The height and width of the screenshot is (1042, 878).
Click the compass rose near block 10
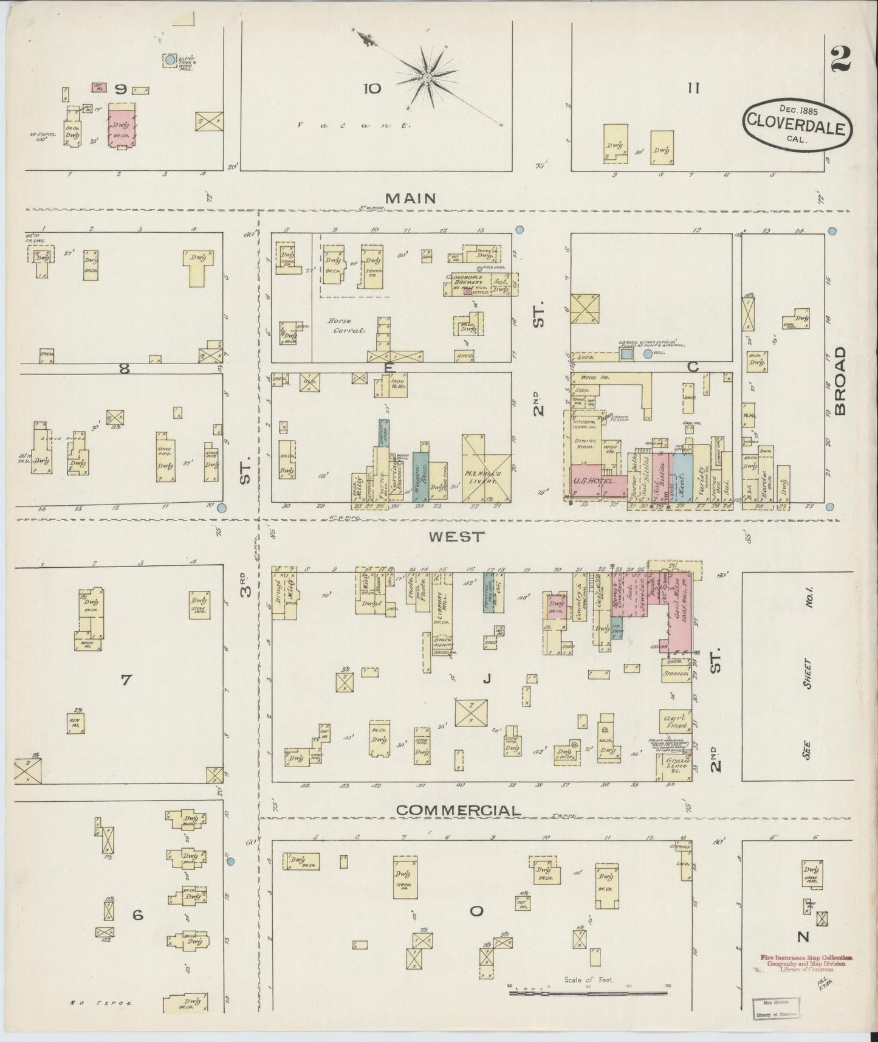coord(427,77)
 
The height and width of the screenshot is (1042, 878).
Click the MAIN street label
coord(411,198)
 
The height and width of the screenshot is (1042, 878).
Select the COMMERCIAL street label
coord(459,810)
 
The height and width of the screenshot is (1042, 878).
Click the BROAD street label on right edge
coord(840,381)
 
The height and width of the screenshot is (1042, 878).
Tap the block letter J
coord(486,680)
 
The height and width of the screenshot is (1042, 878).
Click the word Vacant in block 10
coord(354,125)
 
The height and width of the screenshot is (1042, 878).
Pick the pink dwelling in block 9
coord(122,125)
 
